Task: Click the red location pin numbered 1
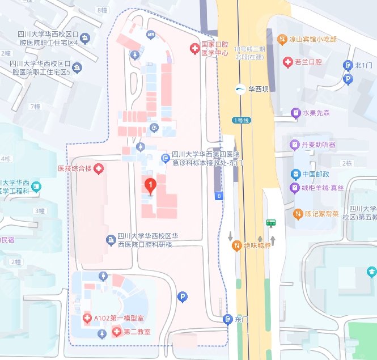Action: pyautogui.click(x=150, y=185)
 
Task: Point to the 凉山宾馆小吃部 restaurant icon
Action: pyautogui.click(x=282, y=39)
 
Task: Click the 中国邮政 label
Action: pyautogui.click(x=315, y=174)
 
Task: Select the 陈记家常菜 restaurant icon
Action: pyautogui.click(x=298, y=214)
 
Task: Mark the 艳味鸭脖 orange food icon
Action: pyautogui.click(x=237, y=246)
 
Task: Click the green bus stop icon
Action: pyautogui.click(x=272, y=223)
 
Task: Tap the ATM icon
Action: pyautogui.click(x=151, y=35)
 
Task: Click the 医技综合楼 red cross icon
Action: pyautogui.click(x=99, y=168)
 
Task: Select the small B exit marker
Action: pyautogui.click(x=219, y=196)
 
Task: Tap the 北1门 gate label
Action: pyautogui.click(x=363, y=65)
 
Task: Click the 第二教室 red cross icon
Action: pyautogui.click(x=116, y=331)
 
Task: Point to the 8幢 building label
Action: pyautogui.click(x=102, y=10)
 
